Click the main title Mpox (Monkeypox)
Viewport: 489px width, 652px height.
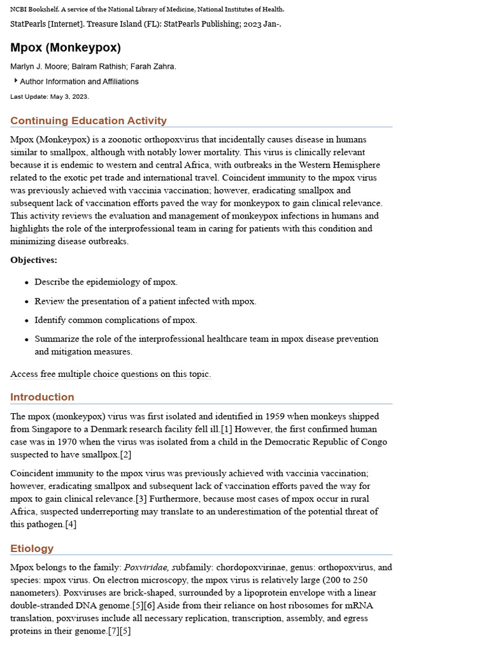coord(66,48)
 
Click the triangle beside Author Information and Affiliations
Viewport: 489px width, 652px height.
coord(16,81)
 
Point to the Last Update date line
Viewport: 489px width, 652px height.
coord(50,97)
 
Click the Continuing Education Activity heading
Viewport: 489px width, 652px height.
coord(89,120)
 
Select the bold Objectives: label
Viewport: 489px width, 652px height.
coord(34,260)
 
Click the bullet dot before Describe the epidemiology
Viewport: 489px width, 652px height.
coord(26,283)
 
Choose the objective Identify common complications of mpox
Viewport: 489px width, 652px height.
coord(116,320)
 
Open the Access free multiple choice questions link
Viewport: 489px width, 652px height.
coord(110,374)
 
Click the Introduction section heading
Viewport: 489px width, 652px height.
coord(42,397)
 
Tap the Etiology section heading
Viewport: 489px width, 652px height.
coord(32,548)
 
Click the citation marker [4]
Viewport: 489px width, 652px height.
coord(70,525)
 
